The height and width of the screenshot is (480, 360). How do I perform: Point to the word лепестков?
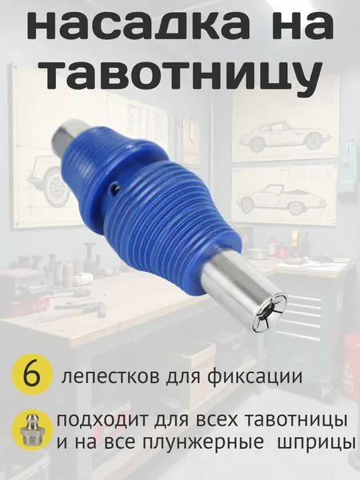tap(111, 376)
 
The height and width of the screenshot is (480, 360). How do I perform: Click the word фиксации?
tap(256, 376)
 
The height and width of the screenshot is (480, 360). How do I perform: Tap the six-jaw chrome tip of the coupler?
tap(270, 313)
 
